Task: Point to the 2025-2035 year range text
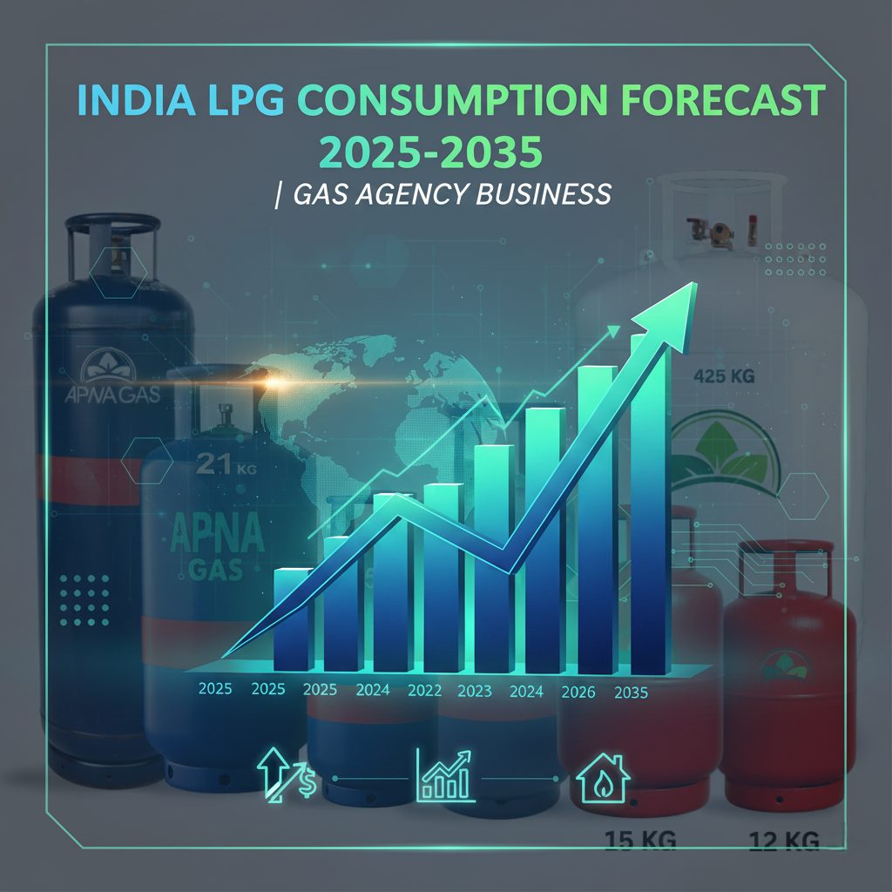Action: (x=433, y=152)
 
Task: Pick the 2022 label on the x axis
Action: (x=424, y=691)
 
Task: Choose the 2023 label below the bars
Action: (x=475, y=692)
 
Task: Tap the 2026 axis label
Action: (x=578, y=693)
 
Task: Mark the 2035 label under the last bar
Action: (x=630, y=693)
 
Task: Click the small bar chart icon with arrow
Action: (x=445, y=774)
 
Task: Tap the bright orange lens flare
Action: (x=277, y=382)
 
